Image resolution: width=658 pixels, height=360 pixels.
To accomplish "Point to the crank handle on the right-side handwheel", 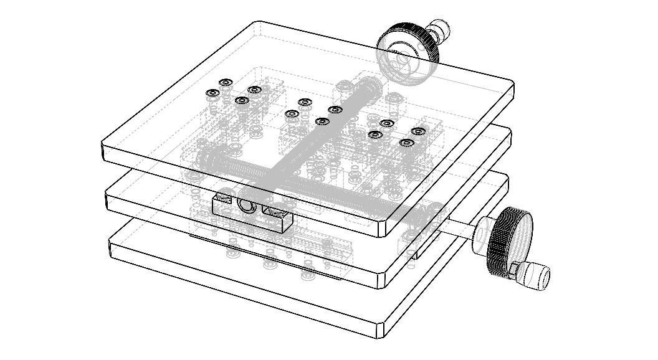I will point(533,275).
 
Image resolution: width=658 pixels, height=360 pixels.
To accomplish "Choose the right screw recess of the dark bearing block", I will point(272,212).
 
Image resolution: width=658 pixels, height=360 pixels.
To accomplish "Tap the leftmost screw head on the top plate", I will point(212,93).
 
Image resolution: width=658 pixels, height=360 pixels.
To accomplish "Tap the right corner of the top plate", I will point(512,87).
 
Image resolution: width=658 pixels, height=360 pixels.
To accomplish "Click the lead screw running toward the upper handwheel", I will point(324,125).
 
